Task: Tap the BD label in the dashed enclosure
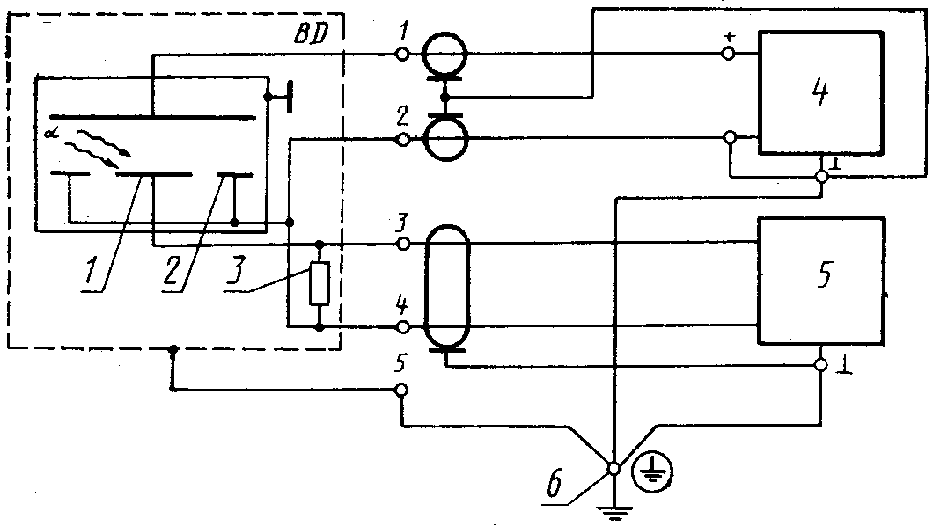coord(311,35)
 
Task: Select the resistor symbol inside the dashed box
coord(320,283)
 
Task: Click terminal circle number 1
coord(402,54)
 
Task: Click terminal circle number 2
coord(403,140)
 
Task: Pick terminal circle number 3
coord(403,244)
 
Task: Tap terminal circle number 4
coord(403,327)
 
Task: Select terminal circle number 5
coord(401,390)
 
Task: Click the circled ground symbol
coord(653,472)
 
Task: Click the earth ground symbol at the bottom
coord(614,512)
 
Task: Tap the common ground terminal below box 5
coord(821,365)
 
